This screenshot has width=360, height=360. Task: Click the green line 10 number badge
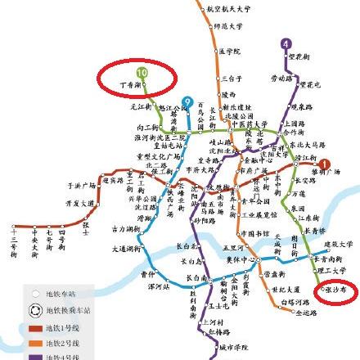pos(142,72)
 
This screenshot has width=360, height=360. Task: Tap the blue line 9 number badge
pos(188,102)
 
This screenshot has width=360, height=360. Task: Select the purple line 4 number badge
pos(286,44)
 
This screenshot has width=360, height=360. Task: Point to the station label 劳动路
pos(281,79)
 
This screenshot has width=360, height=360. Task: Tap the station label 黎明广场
pos(326,173)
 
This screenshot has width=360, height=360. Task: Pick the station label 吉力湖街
pos(127,229)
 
